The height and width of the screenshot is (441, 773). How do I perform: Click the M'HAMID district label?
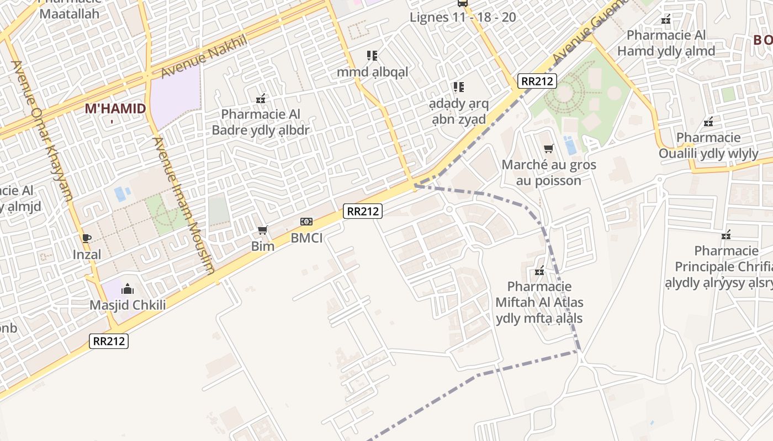point(115,109)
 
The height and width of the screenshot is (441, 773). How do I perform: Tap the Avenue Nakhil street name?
point(203,56)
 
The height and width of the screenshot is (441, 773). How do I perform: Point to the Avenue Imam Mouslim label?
point(183,205)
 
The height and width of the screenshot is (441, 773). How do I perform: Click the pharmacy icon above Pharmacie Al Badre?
point(261,99)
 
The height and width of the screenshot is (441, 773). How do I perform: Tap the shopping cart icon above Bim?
point(263,230)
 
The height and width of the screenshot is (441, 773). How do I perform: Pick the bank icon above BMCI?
point(306,222)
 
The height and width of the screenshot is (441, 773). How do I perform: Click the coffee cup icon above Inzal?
point(87,238)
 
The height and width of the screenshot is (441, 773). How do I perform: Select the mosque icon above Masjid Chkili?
point(128,289)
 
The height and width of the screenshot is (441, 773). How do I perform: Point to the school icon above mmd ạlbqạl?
point(372,56)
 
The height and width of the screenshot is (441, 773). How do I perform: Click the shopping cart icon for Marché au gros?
point(549,148)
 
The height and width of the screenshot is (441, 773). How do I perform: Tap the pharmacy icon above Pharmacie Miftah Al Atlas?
point(539,271)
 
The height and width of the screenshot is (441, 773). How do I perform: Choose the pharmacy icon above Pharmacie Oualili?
point(708,121)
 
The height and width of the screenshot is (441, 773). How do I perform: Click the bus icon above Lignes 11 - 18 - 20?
point(463,3)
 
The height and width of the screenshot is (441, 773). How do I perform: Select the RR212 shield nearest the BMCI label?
point(363,211)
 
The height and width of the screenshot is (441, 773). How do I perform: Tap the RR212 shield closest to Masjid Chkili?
point(109,341)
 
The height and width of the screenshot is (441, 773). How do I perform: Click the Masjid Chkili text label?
point(128,305)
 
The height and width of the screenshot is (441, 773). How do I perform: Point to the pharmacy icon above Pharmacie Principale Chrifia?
point(726,235)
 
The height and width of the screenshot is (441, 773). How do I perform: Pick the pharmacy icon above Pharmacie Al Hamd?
point(666,19)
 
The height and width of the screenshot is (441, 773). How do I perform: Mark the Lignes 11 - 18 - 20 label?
point(463,17)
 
